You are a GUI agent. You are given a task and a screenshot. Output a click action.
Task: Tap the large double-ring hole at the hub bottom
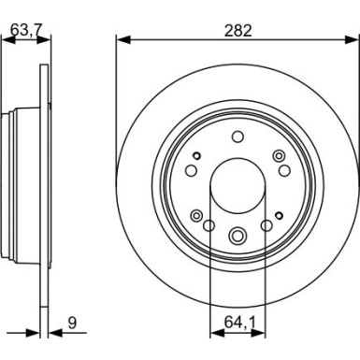238,236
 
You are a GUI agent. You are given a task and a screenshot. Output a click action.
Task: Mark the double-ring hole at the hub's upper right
278,155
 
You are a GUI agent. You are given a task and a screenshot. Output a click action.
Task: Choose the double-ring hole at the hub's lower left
196,216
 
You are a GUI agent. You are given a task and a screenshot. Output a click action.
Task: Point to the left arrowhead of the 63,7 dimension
6,38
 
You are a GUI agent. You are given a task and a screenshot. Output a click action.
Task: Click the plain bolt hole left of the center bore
190,170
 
